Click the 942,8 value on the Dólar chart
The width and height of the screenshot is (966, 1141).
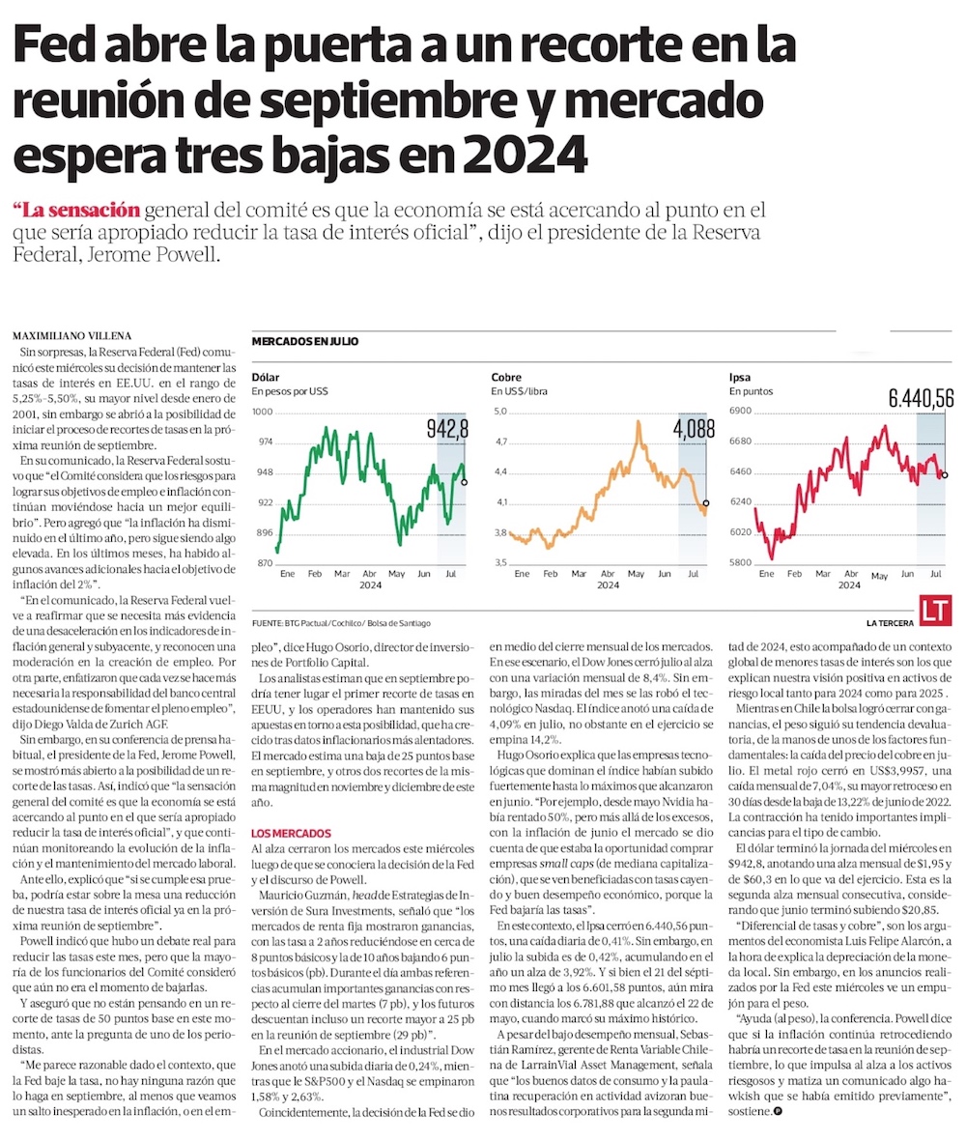click(x=447, y=427)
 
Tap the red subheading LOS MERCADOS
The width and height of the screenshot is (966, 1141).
click(x=291, y=833)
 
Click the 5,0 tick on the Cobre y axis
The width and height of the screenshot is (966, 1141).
click(x=500, y=412)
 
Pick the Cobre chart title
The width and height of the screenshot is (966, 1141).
click(x=506, y=377)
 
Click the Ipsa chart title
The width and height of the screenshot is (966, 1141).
click(x=740, y=377)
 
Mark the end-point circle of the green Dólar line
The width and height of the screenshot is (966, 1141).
click(x=465, y=481)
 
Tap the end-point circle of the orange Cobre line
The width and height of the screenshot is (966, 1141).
click(x=706, y=503)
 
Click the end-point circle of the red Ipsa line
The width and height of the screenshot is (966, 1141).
click(x=944, y=474)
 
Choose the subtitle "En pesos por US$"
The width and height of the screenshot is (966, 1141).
click(x=291, y=392)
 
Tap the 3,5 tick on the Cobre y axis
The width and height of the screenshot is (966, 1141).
click(x=500, y=563)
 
